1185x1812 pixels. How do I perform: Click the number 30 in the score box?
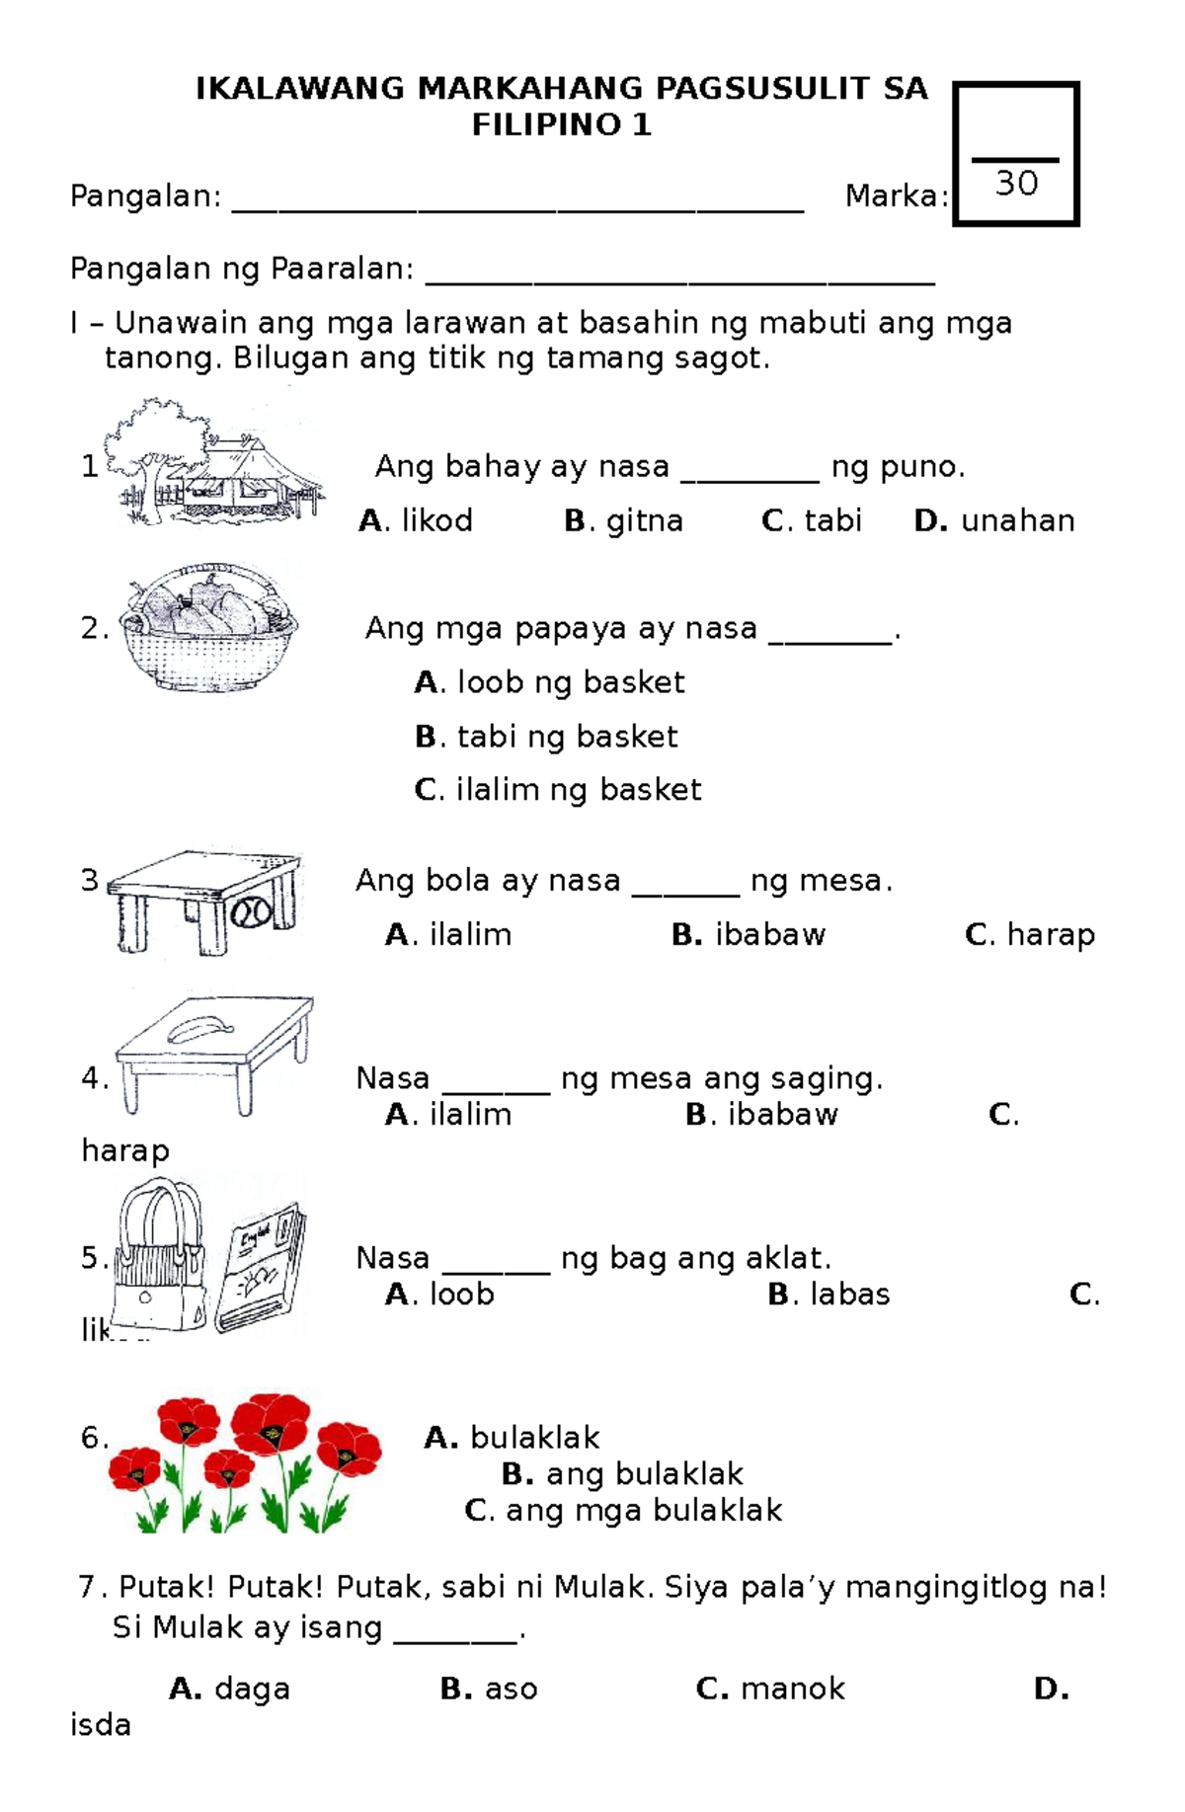pyautogui.click(x=1016, y=184)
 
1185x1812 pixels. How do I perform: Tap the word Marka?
pyautogui.click(x=893, y=197)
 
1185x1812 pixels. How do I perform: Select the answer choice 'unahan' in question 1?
pyautogui.click(x=1017, y=520)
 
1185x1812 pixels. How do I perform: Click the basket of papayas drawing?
pyautogui.click(x=207, y=627)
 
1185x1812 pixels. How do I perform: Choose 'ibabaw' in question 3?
pyautogui.click(x=769, y=934)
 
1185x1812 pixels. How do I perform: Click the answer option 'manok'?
pyautogui.click(x=792, y=1689)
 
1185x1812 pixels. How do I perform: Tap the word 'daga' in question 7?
pyautogui.click(x=252, y=1689)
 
